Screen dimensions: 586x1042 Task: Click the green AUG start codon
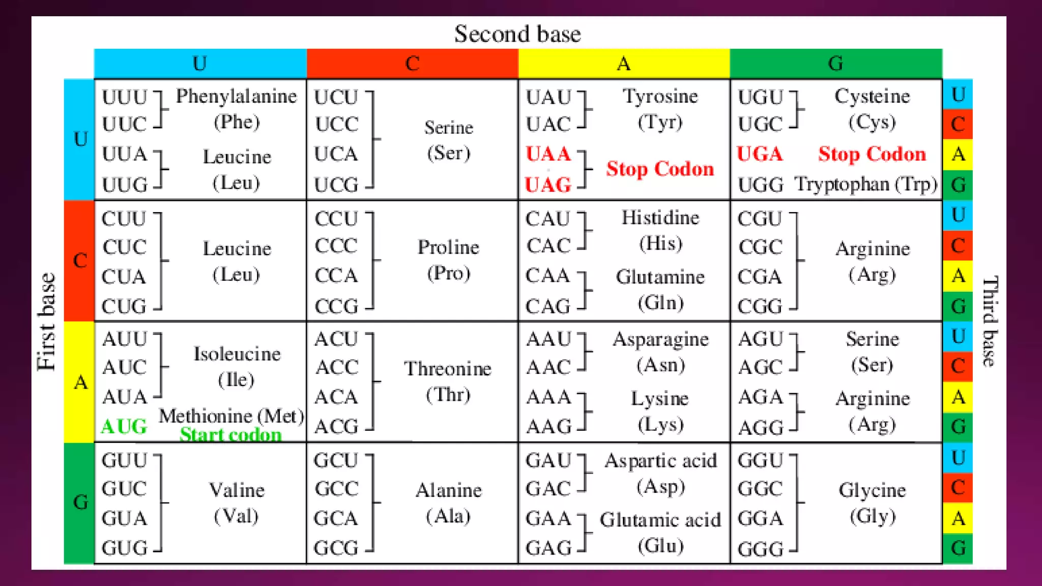[124, 426]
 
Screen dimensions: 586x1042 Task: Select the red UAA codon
[548, 154]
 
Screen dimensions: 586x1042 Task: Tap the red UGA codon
[760, 154]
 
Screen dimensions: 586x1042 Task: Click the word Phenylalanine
[236, 96]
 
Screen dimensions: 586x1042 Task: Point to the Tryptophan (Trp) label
[865, 184]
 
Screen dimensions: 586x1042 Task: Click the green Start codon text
[230, 435]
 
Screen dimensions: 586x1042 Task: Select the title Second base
[517, 34]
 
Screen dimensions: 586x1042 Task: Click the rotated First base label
[46, 321]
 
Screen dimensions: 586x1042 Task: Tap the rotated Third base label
[990, 321]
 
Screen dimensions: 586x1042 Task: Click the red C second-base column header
[412, 64]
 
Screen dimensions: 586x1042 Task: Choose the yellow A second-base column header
[623, 64]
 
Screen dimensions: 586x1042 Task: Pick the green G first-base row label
[80, 503]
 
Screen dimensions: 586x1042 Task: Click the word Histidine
[660, 218]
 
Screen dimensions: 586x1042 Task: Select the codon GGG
[760, 549]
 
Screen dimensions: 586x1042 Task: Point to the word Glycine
[872, 490]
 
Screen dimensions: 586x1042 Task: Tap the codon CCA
[336, 276]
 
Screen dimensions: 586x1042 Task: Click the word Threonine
[448, 369]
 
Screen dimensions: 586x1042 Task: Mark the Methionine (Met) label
[231, 416]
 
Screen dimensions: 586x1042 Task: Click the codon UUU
[124, 97]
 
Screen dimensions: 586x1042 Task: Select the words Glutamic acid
[660, 520]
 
